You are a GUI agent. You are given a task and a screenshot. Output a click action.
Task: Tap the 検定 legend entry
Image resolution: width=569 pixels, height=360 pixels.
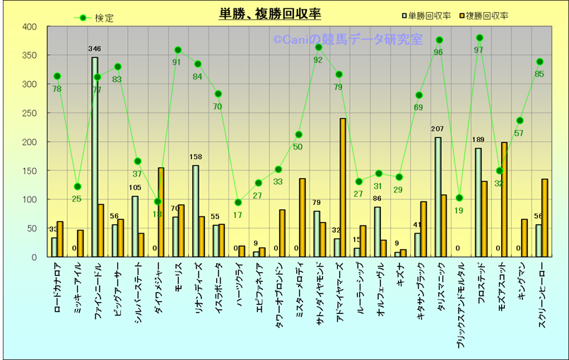[95, 18]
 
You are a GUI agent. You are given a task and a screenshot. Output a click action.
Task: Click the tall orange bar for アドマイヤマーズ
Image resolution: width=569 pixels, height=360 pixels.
[343, 187]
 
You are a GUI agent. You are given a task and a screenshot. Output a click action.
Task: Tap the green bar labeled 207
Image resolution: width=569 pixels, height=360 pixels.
[438, 197]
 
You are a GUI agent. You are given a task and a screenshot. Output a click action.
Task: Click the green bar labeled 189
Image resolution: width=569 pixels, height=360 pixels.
[478, 202]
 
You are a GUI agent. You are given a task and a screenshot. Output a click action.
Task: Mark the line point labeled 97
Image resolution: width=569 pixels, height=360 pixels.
[480, 37]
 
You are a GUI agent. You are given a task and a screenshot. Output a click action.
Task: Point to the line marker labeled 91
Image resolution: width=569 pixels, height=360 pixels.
[178, 50]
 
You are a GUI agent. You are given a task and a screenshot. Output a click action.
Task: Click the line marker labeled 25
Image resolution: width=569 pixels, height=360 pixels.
[78, 187]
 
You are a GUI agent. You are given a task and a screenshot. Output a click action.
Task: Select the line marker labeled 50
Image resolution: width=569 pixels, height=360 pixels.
[299, 134]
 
